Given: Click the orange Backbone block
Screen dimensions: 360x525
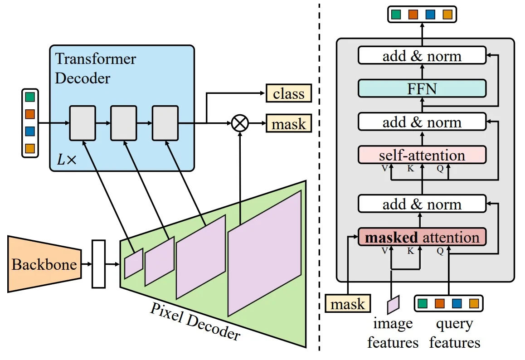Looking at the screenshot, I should click(x=43, y=264).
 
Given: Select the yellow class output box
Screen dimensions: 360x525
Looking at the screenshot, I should click(x=289, y=94).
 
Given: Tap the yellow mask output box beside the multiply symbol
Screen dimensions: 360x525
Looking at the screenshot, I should click(x=289, y=123).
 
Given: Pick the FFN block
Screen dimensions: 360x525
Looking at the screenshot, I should click(x=422, y=88).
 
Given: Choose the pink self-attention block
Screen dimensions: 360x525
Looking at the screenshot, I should click(x=422, y=155).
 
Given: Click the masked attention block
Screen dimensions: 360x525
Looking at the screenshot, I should click(x=422, y=237).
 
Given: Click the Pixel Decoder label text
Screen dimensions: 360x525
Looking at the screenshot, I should click(x=195, y=321).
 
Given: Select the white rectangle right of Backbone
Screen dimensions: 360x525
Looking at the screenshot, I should click(x=98, y=264).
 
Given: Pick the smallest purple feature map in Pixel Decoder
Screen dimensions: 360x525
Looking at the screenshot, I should click(x=133, y=263).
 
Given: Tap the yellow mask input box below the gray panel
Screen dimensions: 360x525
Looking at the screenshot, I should click(x=347, y=304).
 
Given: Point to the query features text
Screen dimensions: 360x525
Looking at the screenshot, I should click(x=454, y=333).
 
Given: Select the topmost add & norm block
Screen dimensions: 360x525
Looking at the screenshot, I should click(x=422, y=56).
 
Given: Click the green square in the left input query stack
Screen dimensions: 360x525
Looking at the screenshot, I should click(x=30, y=97).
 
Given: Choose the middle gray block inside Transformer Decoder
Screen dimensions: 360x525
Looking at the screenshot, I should click(x=124, y=123).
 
